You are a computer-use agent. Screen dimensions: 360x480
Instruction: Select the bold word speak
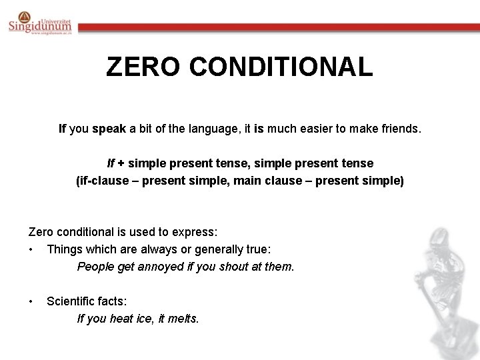(109, 128)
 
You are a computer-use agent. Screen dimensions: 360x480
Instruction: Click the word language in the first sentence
(216, 128)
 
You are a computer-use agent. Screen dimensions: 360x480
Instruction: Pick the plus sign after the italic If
(122, 163)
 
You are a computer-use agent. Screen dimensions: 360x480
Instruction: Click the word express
(195, 232)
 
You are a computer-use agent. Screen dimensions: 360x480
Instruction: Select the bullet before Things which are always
(31, 249)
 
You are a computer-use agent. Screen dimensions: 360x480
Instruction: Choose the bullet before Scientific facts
(31, 301)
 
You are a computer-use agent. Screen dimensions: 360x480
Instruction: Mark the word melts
(183, 319)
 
